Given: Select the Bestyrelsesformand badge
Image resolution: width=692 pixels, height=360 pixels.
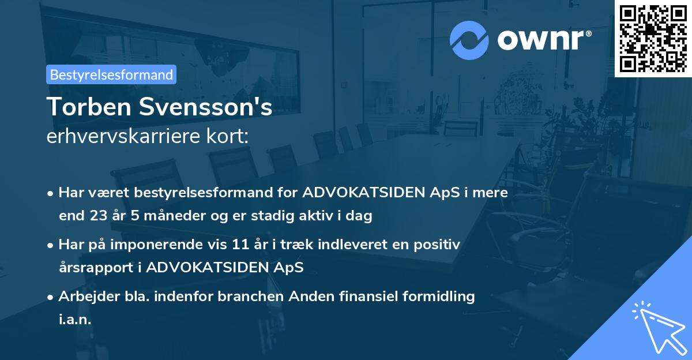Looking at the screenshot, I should click(111, 74).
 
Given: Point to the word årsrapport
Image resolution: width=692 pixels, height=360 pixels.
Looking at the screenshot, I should click(95, 268).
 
